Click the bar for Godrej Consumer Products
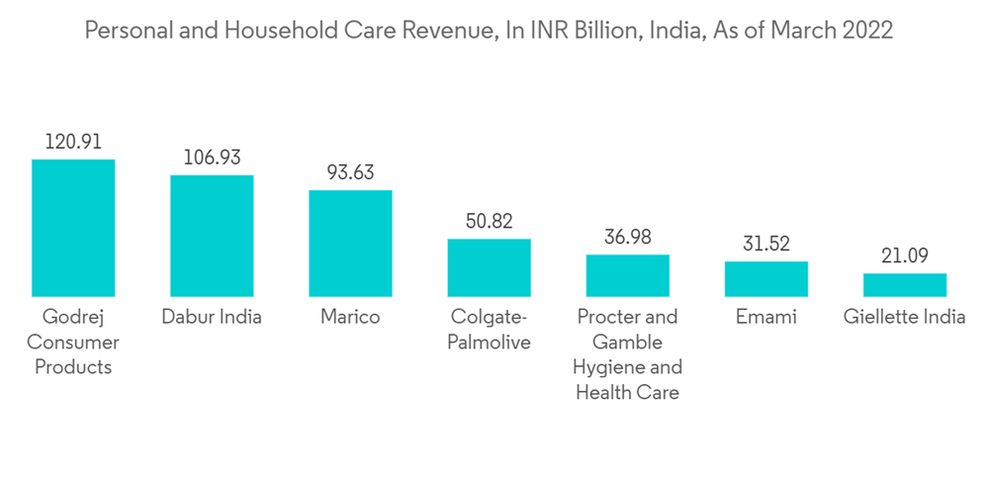pyautogui.click(x=73, y=228)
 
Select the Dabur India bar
pyautogui.click(x=212, y=236)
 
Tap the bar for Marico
pyautogui.click(x=350, y=243)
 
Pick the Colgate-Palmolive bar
pyautogui.click(x=489, y=267)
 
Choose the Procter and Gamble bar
pyautogui.click(x=627, y=275)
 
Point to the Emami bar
pyautogui.click(x=765, y=278)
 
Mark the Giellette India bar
pyautogui.click(x=904, y=284)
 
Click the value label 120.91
pyautogui.click(x=73, y=143)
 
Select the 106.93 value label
pyautogui.click(x=212, y=158)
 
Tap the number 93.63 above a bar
pyautogui.click(x=350, y=173)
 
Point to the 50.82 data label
pyautogui.click(x=489, y=222)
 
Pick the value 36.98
pyautogui.click(x=627, y=238)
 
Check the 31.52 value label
pyautogui.click(x=765, y=245)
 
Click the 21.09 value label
pyautogui.click(x=904, y=256)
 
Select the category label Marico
pyautogui.click(x=350, y=318)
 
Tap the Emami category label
pyautogui.click(x=765, y=318)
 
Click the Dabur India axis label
pyautogui.click(x=212, y=318)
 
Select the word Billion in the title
pyautogui.click(x=601, y=31)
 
